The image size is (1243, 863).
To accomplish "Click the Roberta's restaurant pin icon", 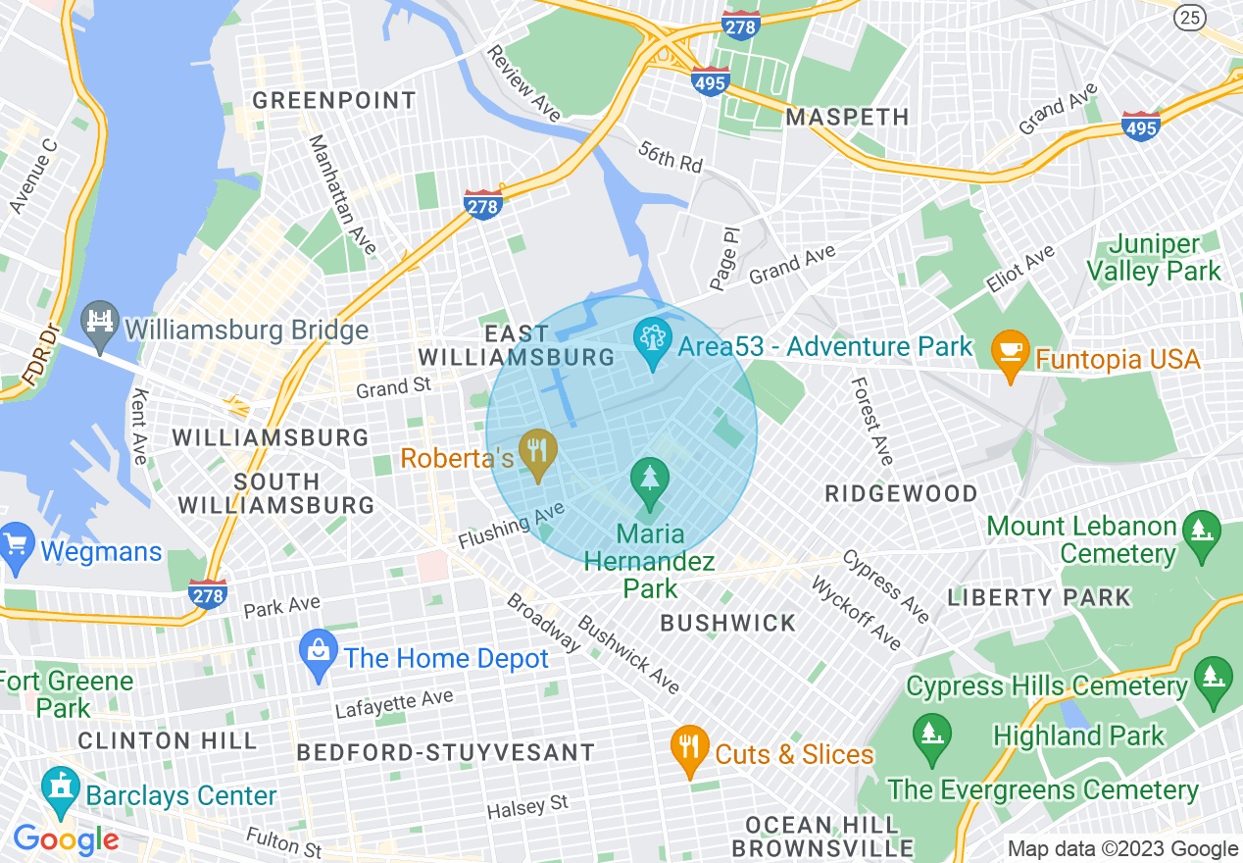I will [x=537, y=453].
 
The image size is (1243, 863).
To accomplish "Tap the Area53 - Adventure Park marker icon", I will [x=651, y=343].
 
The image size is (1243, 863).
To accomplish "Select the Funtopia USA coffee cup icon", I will [x=1010, y=355].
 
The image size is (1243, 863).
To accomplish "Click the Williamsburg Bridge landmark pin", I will [x=100, y=325].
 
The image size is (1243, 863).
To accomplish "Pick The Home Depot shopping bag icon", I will [x=318, y=655].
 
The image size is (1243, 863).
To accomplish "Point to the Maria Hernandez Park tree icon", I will [x=649, y=481].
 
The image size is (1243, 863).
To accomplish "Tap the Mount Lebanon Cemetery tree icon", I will [x=1200, y=534].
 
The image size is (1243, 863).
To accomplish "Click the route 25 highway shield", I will [x=1190, y=16].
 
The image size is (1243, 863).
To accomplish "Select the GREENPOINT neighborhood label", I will [x=334, y=101].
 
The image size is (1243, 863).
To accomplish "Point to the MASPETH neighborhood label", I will [x=848, y=118].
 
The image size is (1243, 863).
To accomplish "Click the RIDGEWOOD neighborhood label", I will [x=901, y=493].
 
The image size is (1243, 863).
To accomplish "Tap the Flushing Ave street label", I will [x=511, y=526].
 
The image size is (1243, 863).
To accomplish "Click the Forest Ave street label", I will [x=871, y=421].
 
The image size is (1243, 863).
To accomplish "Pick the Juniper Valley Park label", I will [x=1167, y=258].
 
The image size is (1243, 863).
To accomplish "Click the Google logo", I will [x=66, y=838].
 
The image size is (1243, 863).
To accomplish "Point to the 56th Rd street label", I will [x=671, y=157].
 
